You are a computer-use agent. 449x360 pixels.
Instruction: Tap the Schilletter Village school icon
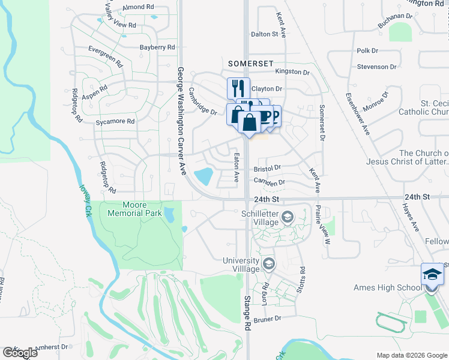pyautogui.click(x=288, y=217)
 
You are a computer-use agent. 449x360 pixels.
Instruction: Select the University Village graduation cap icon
pyautogui.click(x=269, y=263)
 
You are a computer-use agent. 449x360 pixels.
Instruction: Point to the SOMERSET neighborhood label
pyautogui.click(x=251, y=63)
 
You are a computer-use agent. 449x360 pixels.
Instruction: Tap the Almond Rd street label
pyautogui.click(x=137, y=7)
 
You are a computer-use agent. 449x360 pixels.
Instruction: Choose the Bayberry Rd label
pyautogui.click(x=157, y=47)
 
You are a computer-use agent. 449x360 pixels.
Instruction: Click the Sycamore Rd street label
pyautogui.click(x=115, y=121)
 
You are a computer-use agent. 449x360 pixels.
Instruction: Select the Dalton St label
pyautogui.click(x=265, y=34)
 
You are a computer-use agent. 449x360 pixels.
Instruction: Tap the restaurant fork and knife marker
pyautogui.click(x=238, y=88)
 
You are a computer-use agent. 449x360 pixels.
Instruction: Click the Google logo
pyautogui.click(x=20, y=353)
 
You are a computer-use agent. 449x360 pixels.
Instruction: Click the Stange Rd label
pyautogui.click(x=247, y=313)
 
